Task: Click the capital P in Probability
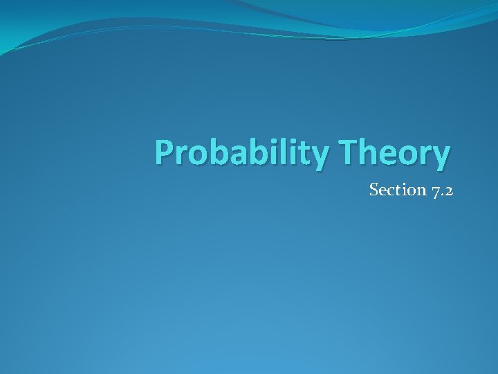coord(164,152)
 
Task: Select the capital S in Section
coord(374,190)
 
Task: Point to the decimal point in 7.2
coord(442,195)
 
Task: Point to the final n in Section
coord(418,190)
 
